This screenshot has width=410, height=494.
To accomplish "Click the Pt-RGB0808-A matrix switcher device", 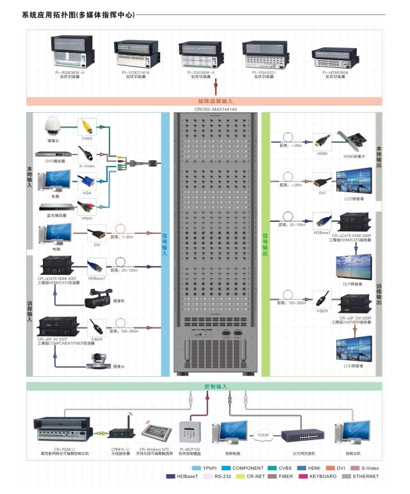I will (x=73, y=51).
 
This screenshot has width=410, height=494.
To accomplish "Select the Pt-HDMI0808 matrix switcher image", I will (x=336, y=55).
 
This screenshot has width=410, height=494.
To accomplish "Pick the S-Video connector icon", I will (x=87, y=153).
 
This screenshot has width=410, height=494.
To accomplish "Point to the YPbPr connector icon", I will (x=87, y=206).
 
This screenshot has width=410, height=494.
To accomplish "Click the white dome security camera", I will (x=52, y=124).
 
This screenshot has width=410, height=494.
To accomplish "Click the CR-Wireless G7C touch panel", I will (x=156, y=431).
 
